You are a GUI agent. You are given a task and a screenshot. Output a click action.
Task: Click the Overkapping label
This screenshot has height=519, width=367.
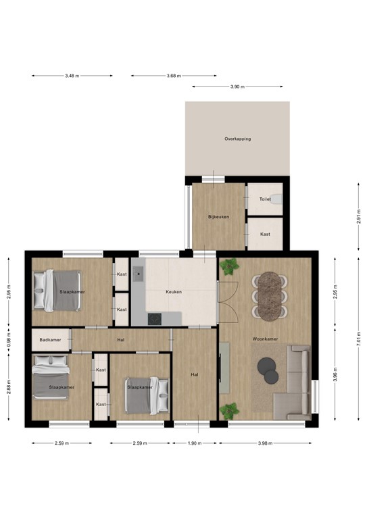237,139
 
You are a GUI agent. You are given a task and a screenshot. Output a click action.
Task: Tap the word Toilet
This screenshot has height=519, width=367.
265,200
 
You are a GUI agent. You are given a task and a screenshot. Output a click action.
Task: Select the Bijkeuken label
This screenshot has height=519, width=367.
218,216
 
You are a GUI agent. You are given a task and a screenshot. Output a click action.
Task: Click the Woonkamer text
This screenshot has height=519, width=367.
266,339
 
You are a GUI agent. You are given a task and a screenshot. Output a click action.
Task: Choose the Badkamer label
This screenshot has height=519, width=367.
51,340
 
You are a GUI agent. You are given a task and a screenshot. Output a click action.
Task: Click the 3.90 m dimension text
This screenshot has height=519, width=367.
237,87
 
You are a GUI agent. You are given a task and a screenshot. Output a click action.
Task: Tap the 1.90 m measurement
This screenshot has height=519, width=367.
193,443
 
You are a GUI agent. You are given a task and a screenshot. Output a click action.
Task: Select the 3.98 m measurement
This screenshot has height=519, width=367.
265,443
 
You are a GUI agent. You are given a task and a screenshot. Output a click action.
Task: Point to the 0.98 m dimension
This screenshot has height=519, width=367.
9,339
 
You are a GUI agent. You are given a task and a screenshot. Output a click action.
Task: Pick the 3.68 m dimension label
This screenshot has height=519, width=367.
174,76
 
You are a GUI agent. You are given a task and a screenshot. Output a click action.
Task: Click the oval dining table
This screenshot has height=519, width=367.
270,295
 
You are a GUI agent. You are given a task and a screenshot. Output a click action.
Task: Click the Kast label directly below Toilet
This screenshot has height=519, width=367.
265,234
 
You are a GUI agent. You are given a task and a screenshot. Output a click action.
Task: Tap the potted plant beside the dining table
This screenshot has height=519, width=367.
230,267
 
